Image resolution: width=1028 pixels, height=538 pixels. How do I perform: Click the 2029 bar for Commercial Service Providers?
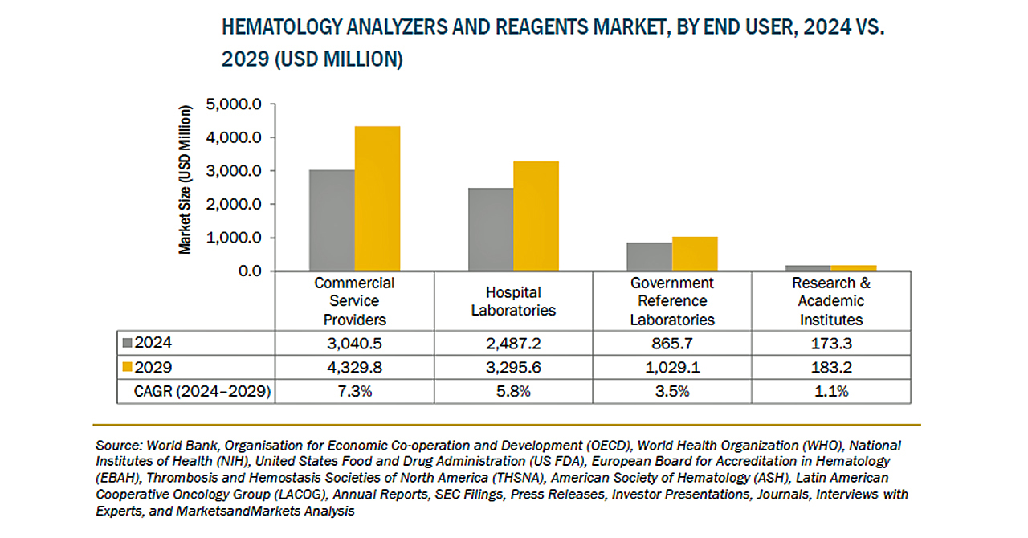[377, 198]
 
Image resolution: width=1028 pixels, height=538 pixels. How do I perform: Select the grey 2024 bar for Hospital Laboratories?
[491, 230]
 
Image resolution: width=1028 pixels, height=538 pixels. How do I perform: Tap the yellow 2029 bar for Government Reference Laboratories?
[695, 254]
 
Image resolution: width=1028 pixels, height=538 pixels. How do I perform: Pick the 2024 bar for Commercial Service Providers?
[332, 220]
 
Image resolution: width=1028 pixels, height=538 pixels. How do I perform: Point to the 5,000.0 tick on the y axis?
[234, 104]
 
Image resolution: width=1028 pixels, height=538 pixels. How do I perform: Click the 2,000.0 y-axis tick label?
[234, 205]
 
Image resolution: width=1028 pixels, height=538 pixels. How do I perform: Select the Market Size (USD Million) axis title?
[186, 179]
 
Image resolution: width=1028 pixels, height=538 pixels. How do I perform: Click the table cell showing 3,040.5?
[354, 343]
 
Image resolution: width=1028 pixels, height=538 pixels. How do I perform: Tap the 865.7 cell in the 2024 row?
[672, 343]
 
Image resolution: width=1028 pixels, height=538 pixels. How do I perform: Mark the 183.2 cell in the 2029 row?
[831, 367]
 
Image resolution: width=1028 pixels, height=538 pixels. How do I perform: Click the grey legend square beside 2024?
[127, 344]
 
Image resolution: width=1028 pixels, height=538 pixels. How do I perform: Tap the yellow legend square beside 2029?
[127, 368]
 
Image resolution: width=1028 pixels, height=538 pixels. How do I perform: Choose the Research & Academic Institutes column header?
[831, 301]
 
